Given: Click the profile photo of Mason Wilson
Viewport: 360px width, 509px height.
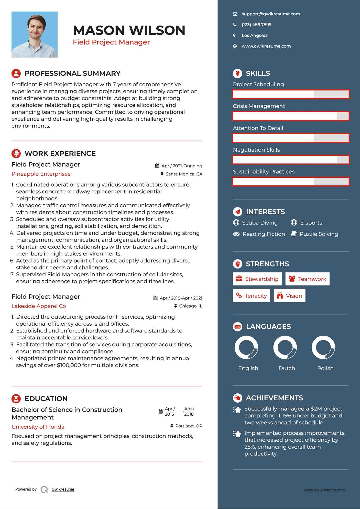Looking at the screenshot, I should (35, 35).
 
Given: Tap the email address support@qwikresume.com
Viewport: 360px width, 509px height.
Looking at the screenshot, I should (271, 14).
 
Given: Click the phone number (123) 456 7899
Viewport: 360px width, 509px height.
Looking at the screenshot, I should (256, 25).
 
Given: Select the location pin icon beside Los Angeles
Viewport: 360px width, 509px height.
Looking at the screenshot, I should (234, 36).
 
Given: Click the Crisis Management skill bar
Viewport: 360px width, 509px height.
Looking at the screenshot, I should (291, 116).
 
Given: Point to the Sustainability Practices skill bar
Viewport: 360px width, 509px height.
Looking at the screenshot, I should (291, 182).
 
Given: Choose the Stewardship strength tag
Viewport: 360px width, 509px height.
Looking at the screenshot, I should (257, 279).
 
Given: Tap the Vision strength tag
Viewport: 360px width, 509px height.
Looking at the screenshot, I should (289, 296).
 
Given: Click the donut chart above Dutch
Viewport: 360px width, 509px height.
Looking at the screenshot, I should (285, 348).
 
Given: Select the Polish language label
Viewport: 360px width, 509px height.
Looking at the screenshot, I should (325, 368).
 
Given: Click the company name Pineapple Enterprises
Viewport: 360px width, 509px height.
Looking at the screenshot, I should (41, 174).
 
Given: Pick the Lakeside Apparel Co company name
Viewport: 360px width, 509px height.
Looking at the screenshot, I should (39, 306).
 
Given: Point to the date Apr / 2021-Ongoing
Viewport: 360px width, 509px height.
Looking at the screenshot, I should (182, 166).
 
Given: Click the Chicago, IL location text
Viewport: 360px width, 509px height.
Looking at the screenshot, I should (191, 306).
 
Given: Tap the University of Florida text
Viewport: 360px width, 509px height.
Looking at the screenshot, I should (38, 427).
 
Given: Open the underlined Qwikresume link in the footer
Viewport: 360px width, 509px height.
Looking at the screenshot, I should (63, 489).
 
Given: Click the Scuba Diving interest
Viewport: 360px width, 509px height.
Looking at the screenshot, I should (260, 223).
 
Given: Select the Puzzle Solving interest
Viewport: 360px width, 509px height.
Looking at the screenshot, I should (319, 234).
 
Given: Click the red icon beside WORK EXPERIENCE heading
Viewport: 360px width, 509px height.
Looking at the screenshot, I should (16, 153).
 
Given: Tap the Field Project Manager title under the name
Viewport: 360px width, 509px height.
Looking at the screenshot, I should (111, 42).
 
